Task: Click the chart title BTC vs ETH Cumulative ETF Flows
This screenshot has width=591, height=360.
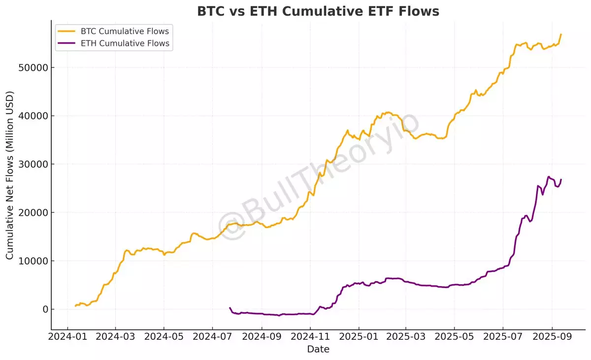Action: point(318,11)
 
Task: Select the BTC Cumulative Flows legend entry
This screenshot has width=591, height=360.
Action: point(125,32)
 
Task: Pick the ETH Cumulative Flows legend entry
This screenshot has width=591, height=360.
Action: point(125,43)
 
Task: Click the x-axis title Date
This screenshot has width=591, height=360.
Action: point(318,350)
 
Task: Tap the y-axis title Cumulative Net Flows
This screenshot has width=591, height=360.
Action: point(10,176)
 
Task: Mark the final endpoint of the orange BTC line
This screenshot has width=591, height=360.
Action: point(561,34)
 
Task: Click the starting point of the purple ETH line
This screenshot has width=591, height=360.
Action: point(230,308)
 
